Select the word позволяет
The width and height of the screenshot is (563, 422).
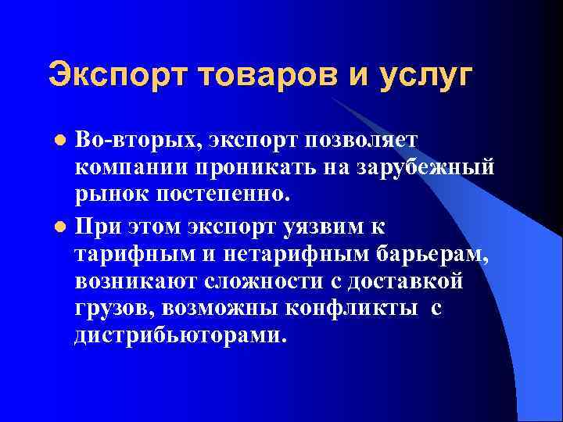tap(365, 139)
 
